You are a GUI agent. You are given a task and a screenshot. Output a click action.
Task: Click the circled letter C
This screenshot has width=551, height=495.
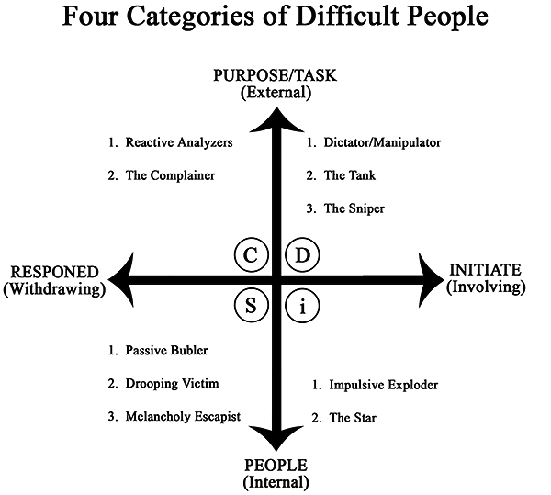(250, 255)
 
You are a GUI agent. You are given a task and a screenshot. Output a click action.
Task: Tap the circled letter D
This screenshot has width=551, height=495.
(301, 255)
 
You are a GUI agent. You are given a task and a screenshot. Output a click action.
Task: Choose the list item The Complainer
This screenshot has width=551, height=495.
(170, 175)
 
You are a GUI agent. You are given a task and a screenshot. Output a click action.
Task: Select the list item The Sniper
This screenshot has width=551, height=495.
(354, 208)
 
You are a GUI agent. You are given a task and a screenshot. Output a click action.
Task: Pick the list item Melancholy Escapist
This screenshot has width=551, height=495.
(183, 416)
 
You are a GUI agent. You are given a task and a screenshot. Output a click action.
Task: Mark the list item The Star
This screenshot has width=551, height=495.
(349, 418)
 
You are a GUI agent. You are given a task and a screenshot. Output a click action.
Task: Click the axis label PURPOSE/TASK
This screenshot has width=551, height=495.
(276, 75)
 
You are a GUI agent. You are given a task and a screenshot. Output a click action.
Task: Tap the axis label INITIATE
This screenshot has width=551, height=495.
(485, 269)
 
